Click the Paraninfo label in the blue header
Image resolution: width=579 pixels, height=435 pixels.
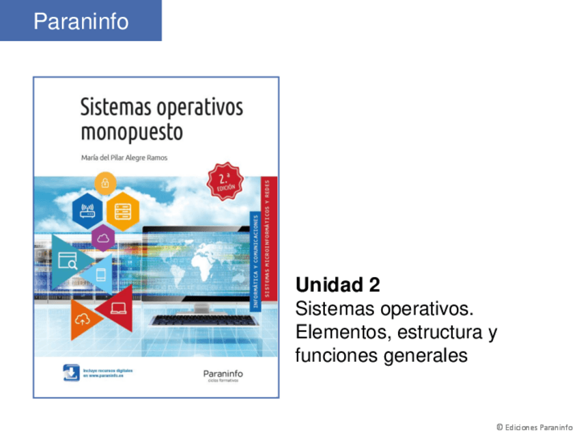point(81,21)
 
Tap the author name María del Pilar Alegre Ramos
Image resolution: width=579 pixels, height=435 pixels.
point(124,158)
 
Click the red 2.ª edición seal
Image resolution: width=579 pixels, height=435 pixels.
point(225,181)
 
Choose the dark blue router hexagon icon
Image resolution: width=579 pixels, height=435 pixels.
point(87,211)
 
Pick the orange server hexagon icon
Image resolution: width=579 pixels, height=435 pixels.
point(123,211)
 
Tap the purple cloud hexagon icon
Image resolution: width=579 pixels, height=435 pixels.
point(104,238)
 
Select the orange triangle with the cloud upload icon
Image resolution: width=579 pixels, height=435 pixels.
point(82,317)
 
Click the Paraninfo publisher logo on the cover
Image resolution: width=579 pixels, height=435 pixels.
point(223,375)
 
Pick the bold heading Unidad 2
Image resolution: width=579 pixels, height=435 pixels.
point(337,284)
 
